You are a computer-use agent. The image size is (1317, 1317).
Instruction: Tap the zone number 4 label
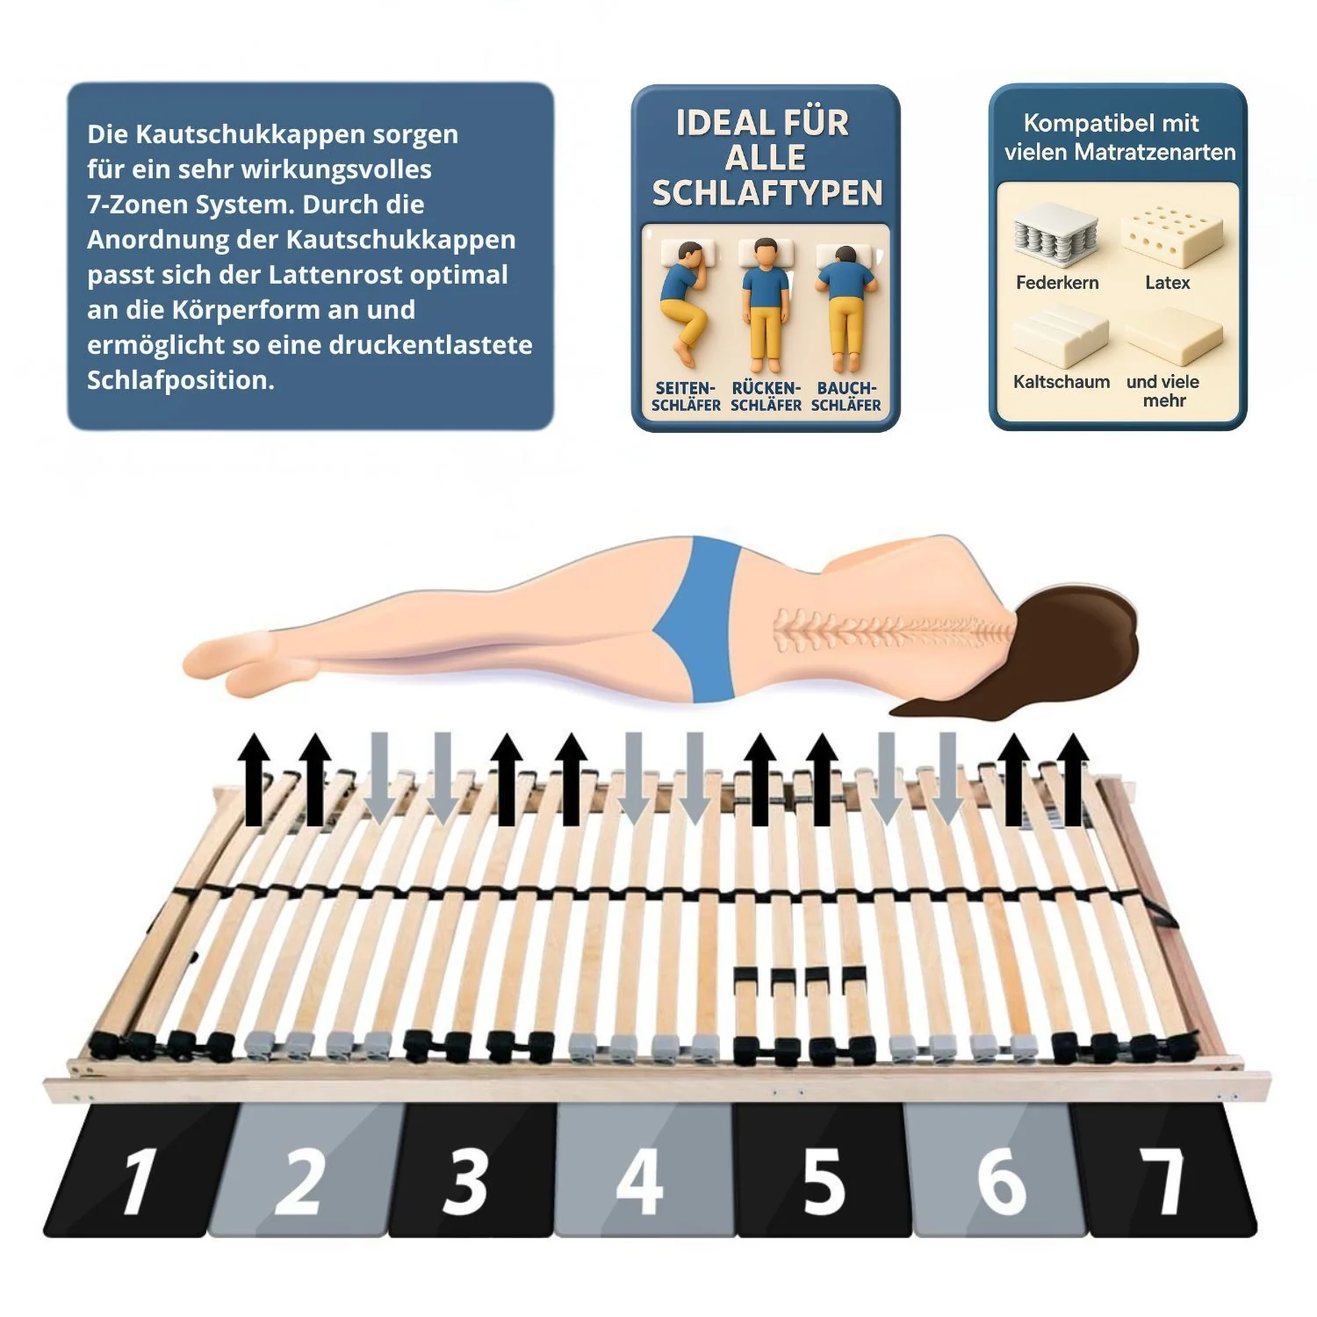pos(640,1180)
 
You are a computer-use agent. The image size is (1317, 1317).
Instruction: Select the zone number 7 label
pos(1163,1180)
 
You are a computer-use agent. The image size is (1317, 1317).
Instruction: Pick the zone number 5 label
pos(823,1180)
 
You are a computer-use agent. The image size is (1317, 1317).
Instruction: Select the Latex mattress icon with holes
pos(1171,235)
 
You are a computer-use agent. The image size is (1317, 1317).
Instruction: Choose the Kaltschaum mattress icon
pos(1061,337)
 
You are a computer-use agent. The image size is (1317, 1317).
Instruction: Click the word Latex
pos(1167,283)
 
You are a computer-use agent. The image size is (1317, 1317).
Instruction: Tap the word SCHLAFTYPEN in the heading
pos(767,193)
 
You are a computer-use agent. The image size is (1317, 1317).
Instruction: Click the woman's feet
pos(233,662)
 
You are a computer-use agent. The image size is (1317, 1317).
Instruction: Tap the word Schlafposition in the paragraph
pos(180,380)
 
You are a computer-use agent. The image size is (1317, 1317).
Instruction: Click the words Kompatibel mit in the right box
pos(1111,123)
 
